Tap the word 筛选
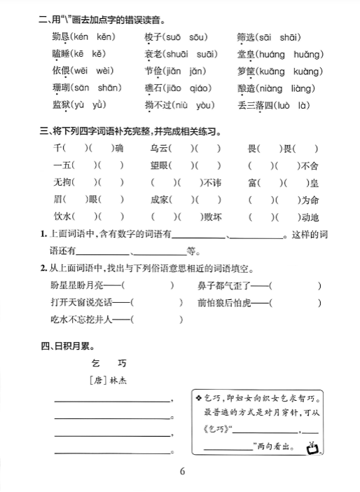247,36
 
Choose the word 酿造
247,88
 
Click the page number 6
181,470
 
